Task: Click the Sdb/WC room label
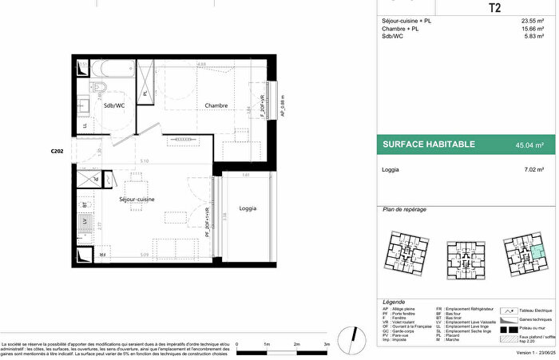(x=113, y=105)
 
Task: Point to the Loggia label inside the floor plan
(x=248, y=208)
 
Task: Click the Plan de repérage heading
(x=404, y=209)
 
